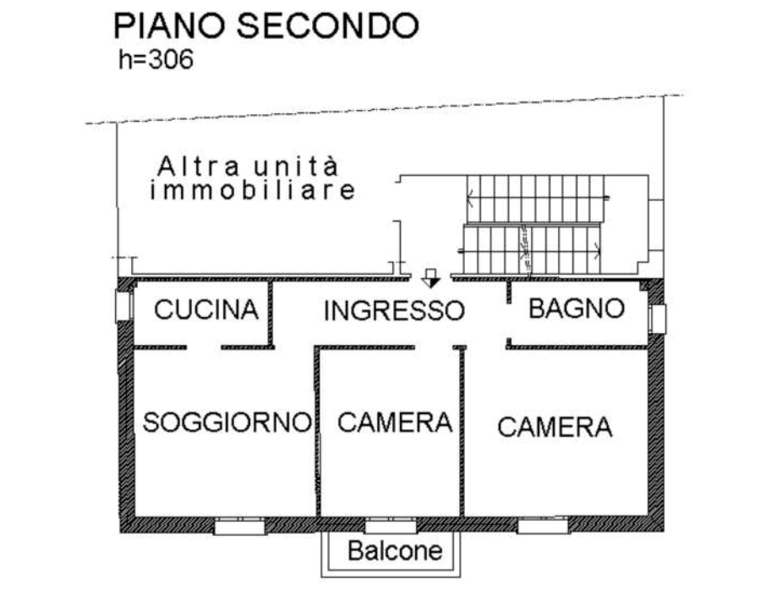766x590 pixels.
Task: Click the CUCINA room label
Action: click(x=206, y=309)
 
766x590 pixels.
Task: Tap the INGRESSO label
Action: click(x=394, y=310)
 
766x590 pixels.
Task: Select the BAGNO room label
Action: click(x=577, y=309)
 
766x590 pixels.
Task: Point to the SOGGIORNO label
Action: click(x=227, y=422)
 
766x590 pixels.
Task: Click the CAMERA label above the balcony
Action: click(x=395, y=423)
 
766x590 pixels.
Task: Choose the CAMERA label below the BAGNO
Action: click(x=555, y=427)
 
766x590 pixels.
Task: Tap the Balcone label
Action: click(x=395, y=551)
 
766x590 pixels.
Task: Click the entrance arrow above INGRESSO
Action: click(x=430, y=278)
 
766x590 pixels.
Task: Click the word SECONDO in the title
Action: click(x=328, y=25)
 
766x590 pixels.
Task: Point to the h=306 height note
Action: click(x=156, y=59)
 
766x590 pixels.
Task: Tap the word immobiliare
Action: click(x=253, y=190)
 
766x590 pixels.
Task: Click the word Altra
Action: click(x=199, y=167)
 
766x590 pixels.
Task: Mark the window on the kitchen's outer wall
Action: click(x=123, y=307)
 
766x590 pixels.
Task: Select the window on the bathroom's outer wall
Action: click(x=657, y=319)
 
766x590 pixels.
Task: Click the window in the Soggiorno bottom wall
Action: click(x=239, y=527)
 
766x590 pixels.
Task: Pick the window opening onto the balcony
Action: click(x=391, y=527)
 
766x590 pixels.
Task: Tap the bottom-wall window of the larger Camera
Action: click(x=543, y=527)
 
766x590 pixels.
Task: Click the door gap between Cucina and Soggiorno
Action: click(x=204, y=347)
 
